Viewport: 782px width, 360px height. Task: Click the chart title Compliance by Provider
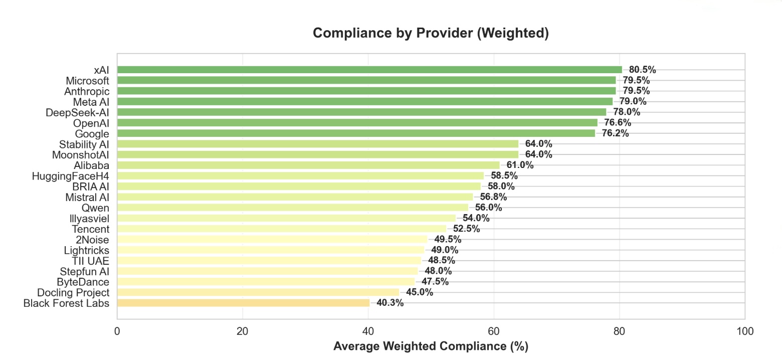pyautogui.click(x=431, y=34)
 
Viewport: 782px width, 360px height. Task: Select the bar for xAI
pyautogui.click(x=369, y=70)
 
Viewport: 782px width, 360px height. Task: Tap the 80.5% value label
pyautogui.click(x=642, y=70)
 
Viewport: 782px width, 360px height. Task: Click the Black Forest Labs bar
pyautogui.click(x=243, y=303)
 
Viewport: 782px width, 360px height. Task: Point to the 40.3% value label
pyautogui.click(x=390, y=303)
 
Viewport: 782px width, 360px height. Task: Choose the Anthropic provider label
pyautogui.click(x=87, y=91)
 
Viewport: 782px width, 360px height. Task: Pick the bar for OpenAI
pyautogui.click(x=357, y=123)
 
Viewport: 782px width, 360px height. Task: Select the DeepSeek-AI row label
pyautogui.click(x=77, y=112)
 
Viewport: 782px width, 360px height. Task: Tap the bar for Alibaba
pyautogui.click(x=308, y=165)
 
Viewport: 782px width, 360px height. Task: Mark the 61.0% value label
pyautogui.click(x=520, y=165)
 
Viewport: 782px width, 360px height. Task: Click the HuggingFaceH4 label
pyautogui.click(x=70, y=176)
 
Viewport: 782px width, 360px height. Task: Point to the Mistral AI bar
pyautogui.click(x=295, y=197)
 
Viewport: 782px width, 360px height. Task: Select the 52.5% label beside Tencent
pyautogui.click(x=466, y=229)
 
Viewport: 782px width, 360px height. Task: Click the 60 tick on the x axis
pyautogui.click(x=494, y=331)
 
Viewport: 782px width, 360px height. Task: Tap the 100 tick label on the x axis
pyautogui.click(x=745, y=331)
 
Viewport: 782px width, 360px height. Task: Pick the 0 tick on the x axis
pyautogui.click(x=117, y=331)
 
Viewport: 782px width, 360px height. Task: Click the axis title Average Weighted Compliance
pyautogui.click(x=431, y=346)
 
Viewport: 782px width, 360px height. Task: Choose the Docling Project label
pyautogui.click(x=73, y=292)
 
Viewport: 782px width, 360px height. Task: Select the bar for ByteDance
pyautogui.click(x=266, y=282)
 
